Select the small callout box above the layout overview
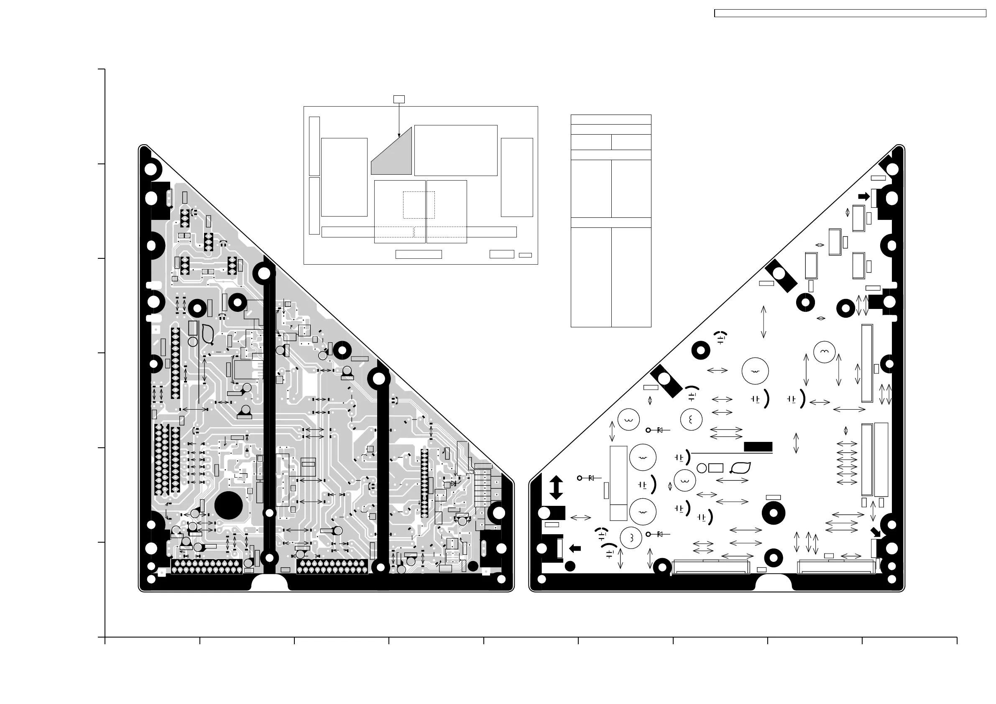click(x=398, y=99)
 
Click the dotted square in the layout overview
click(x=419, y=205)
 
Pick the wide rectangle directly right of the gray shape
click(x=455, y=150)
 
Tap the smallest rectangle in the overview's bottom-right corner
click(x=525, y=255)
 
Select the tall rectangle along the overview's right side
click(x=517, y=177)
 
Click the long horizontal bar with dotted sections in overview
click(x=419, y=232)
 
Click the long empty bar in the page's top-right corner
click(x=850, y=13)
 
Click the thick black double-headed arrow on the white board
click(x=556, y=487)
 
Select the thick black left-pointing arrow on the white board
click(x=575, y=549)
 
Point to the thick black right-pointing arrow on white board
click(x=864, y=196)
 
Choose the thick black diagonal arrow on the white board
click(x=876, y=532)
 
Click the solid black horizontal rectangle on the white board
click(x=758, y=447)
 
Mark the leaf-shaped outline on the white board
click(x=741, y=468)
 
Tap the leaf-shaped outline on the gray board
click(x=208, y=334)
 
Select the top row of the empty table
click(x=611, y=120)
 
